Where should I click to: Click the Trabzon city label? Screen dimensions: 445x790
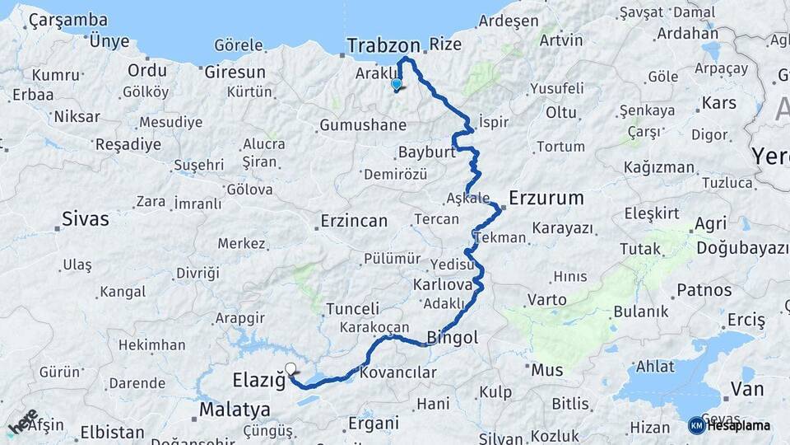(383, 45)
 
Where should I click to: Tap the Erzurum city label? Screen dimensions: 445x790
(546, 198)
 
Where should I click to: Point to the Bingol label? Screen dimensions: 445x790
(453, 338)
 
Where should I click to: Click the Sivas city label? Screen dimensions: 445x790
(86, 219)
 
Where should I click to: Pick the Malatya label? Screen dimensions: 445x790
(235, 410)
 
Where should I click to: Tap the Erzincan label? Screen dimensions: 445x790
(352, 221)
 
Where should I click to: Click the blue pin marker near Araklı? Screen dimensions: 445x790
(397, 84)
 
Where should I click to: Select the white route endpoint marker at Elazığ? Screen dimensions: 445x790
(290, 369)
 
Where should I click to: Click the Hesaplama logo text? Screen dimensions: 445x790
(739, 425)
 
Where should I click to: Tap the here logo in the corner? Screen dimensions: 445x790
(23, 421)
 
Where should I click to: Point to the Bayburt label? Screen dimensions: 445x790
(426, 152)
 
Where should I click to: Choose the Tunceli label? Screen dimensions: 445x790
(352, 309)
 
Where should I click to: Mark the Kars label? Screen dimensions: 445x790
(718, 105)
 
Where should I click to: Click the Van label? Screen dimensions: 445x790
(747, 389)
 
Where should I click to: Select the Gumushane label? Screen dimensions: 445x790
(363, 125)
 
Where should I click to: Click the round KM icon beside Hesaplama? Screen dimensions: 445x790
(696, 425)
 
